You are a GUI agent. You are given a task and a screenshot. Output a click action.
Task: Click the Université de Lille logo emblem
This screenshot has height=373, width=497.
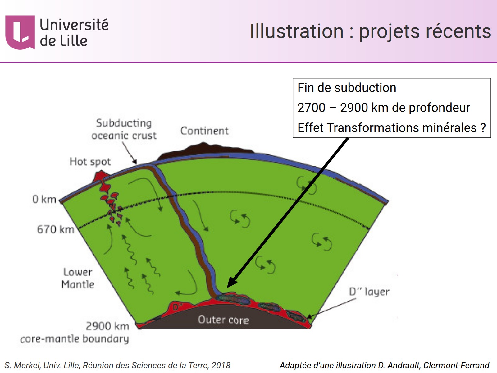point(20,32)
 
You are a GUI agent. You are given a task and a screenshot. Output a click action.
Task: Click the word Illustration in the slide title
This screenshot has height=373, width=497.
point(297,31)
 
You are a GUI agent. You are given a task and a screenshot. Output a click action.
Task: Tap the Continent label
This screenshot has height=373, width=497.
point(204,131)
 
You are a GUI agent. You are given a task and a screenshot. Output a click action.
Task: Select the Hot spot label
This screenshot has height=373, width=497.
point(90,162)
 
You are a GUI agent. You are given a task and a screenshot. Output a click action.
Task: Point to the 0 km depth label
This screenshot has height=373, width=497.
point(44,199)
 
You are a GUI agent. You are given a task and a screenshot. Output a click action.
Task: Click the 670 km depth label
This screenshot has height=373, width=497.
point(56,229)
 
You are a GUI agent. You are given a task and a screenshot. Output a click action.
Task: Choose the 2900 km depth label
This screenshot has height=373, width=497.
point(107,326)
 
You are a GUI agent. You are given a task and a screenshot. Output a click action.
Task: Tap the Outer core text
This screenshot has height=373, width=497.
point(223,320)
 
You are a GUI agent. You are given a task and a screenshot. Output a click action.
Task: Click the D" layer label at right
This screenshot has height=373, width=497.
point(369,292)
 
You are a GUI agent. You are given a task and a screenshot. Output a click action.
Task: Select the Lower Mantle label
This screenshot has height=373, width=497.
point(78,278)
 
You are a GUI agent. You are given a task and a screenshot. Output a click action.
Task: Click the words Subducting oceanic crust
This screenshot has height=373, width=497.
point(124,129)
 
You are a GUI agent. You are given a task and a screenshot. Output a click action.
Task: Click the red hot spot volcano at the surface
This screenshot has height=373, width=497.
point(100,176)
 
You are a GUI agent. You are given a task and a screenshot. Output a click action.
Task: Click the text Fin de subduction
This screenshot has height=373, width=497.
point(347,88)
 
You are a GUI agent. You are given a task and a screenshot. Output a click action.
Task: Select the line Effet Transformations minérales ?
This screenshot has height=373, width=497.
point(391,128)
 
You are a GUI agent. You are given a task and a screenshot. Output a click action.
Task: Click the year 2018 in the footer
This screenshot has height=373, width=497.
point(221,365)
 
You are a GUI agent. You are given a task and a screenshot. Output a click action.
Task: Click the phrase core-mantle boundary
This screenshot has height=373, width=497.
point(75,338)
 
